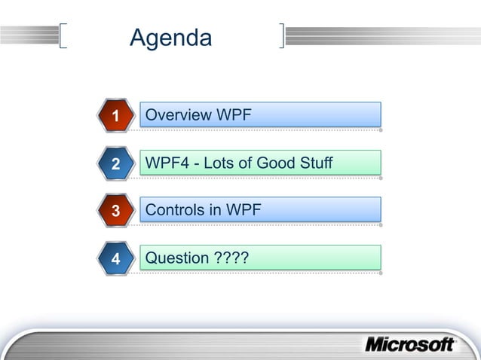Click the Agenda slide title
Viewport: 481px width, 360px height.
170,38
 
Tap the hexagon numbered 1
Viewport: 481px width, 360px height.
115,116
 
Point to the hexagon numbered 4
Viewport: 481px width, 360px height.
115,259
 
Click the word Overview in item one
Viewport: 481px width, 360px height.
178,115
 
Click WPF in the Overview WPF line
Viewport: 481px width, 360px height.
234,115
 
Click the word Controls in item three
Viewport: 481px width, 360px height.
175,210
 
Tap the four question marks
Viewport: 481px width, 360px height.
232,258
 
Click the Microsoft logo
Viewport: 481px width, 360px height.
410,344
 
